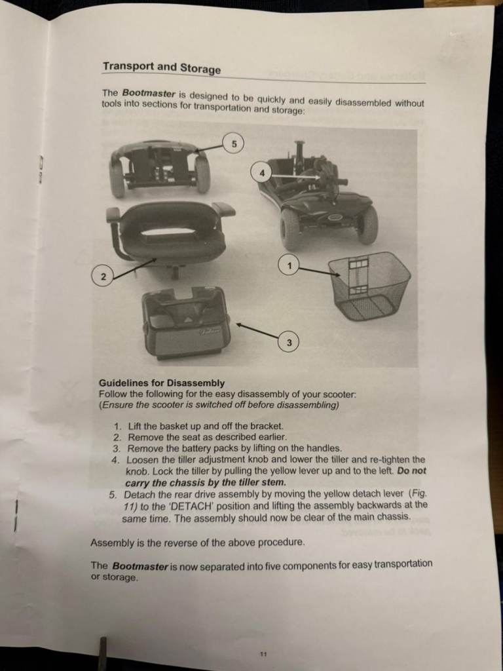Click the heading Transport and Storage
[x=162, y=67]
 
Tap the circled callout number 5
[x=234, y=144]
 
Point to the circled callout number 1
[x=289, y=266]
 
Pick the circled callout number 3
[x=289, y=342]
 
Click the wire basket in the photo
[x=369, y=286]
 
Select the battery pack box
[x=186, y=322]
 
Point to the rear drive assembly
[x=160, y=168]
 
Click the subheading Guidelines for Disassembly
[x=162, y=383]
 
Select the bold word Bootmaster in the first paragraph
[x=149, y=93]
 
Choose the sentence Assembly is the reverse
[x=198, y=543]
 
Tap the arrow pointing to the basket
[x=320, y=271]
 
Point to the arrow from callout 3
[x=257, y=330]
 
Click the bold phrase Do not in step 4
[x=412, y=470]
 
